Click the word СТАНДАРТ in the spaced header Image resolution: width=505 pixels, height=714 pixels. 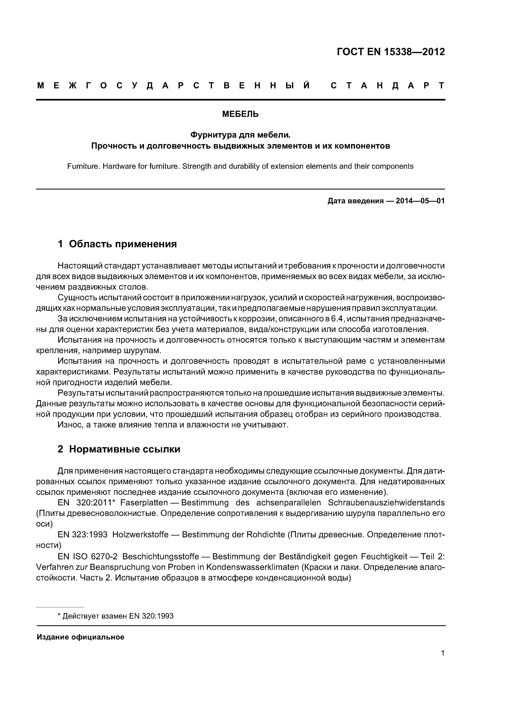[387, 85]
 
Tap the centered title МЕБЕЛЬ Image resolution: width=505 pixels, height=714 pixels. [240, 114]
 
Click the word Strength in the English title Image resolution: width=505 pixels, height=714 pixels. [197, 166]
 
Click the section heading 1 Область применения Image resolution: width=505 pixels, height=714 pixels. [117, 244]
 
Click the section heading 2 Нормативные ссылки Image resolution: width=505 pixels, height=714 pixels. [119, 449]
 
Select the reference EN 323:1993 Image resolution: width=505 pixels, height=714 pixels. [82, 534]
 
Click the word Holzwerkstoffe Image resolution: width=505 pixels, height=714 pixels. [140, 534]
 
